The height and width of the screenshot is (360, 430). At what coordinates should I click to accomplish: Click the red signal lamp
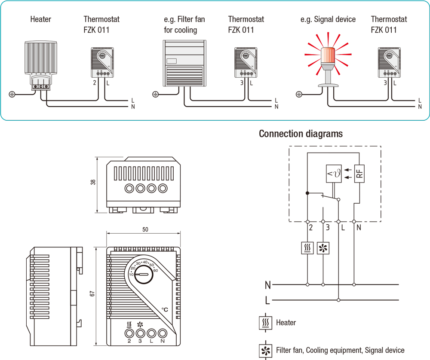tap(329, 56)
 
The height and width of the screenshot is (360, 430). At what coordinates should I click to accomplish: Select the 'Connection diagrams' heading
tap(301, 134)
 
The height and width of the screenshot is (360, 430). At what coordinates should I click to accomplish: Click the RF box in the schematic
tap(359, 174)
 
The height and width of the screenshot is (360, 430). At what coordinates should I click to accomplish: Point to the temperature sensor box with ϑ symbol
tap(335, 174)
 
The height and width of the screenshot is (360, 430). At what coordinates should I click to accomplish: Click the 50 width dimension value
tap(145, 230)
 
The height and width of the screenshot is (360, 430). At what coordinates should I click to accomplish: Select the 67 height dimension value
tap(92, 294)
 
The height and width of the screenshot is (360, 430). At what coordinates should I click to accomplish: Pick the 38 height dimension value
tap(93, 182)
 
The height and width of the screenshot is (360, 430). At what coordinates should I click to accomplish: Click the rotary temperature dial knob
tap(142, 273)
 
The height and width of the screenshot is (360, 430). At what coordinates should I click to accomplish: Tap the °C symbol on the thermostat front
tap(165, 310)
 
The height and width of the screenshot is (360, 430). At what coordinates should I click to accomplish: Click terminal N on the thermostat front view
tap(162, 333)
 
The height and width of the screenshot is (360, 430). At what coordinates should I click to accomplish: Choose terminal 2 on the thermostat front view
tap(129, 333)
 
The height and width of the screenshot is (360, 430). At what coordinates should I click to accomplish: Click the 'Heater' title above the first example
tap(41, 19)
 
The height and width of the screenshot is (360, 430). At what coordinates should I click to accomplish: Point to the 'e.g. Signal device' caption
tap(328, 19)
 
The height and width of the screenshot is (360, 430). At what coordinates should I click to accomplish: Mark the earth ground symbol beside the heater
tap(12, 94)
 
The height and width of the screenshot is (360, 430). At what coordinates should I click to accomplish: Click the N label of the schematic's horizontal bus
tap(268, 284)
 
